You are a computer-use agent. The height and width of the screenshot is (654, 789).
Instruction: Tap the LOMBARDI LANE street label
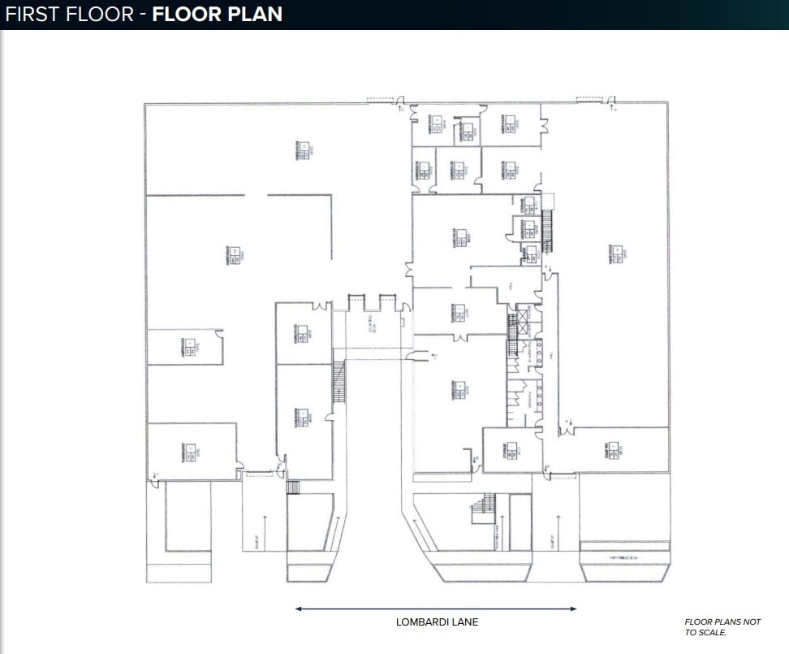(x=437, y=622)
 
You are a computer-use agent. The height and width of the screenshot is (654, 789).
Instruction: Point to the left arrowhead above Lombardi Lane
(x=299, y=609)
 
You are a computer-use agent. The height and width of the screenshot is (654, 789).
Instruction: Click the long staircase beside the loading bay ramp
(x=338, y=382)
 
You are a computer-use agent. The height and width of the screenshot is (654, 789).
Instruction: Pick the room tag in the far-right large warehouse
(x=619, y=254)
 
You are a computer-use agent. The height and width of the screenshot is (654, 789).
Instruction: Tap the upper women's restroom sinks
(x=538, y=354)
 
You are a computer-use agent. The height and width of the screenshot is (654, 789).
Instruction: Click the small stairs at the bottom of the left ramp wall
(x=293, y=487)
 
